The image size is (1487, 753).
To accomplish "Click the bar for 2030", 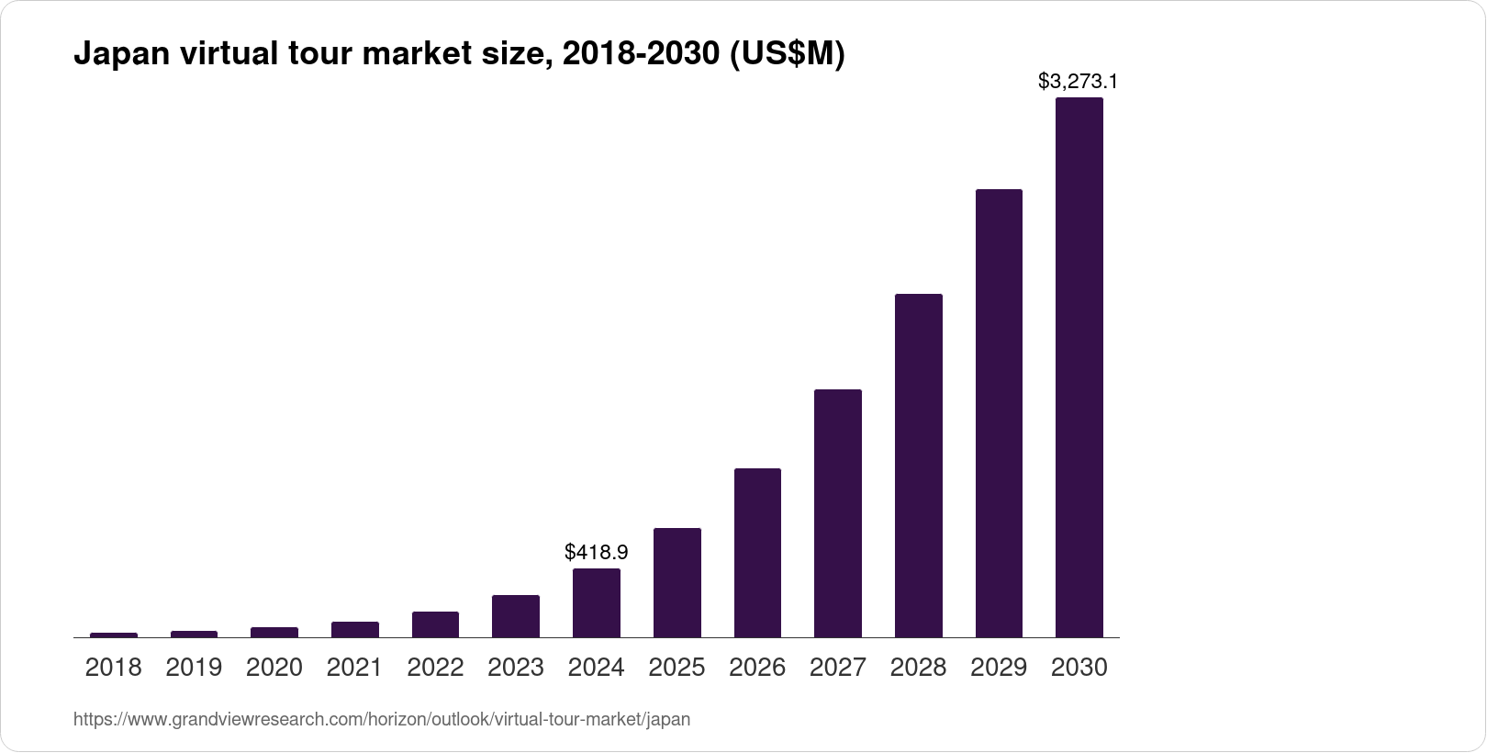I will click(1079, 367).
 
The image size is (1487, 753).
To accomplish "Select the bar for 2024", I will click(596, 602).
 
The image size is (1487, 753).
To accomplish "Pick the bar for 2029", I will click(999, 413).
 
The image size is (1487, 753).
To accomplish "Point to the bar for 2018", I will click(114, 635).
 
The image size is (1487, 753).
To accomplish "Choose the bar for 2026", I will click(757, 552).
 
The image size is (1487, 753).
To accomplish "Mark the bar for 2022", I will click(435, 624).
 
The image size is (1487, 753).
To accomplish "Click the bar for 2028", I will click(918, 465).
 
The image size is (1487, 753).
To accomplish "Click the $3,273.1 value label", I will click(1078, 81).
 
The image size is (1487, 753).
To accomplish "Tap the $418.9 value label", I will click(596, 552).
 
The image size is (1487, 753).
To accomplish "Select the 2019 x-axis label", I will click(194, 668).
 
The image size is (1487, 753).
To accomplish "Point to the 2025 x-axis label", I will click(676, 668).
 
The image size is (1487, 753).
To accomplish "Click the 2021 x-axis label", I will click(354, 668).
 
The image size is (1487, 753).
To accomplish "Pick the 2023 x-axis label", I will click(516, 668).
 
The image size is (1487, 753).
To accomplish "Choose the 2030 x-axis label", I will click(1079, 668).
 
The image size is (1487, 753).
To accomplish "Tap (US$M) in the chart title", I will click(786, 55).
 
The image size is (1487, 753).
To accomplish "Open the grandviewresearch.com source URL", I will click(381, 720).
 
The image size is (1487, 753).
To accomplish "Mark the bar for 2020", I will click(274, 632).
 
